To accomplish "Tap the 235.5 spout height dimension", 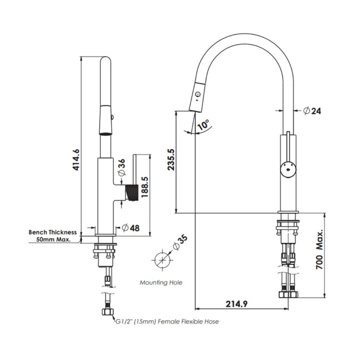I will point(172,160).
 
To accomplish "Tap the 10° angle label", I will point(204,125).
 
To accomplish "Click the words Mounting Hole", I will point(161,282).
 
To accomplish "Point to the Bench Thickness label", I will point(52,232).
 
